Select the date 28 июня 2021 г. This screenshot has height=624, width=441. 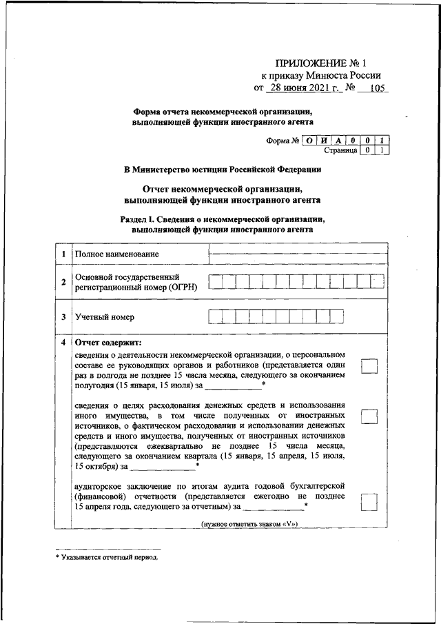point(305,88)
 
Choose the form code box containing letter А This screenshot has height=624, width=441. point(339,141)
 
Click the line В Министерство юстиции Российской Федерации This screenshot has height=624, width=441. point(222,169)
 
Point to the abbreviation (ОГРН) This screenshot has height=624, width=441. point(180,288)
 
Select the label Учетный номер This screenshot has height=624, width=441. point(105,317)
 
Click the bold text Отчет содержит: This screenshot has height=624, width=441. point(107,343)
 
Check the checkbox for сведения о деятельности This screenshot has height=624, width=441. point(370,366)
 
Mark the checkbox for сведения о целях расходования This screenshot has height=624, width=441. point(370,416)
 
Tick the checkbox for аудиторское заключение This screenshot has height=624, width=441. point(370,503)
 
